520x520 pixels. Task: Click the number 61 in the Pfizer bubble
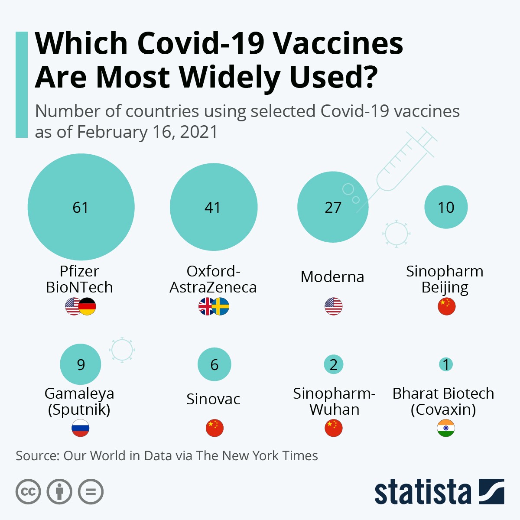point(81,208)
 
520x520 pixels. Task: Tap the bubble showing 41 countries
point(213,207)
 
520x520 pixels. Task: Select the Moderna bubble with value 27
point(333,208)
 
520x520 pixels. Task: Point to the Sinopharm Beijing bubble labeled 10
point(446,207)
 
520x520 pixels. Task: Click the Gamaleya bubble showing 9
point(81,364)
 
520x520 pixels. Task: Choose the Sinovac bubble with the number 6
point(214,364)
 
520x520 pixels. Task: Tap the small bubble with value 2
point(333,364)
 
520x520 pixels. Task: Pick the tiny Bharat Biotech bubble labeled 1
point(446,364)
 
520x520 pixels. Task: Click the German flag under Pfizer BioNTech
point(88,306)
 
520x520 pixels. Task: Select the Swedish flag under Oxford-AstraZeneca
point(221,306)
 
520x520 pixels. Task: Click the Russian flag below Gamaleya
point(81,428)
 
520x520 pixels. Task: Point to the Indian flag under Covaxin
point(446,428)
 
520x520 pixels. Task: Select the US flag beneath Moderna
point(333,306)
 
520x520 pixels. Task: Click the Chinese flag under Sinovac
point(214,428)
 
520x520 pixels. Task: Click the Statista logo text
point(422,492)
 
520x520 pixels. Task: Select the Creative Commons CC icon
point(28,492)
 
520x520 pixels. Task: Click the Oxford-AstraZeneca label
point(213,279)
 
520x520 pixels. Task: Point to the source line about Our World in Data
point(167,456)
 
